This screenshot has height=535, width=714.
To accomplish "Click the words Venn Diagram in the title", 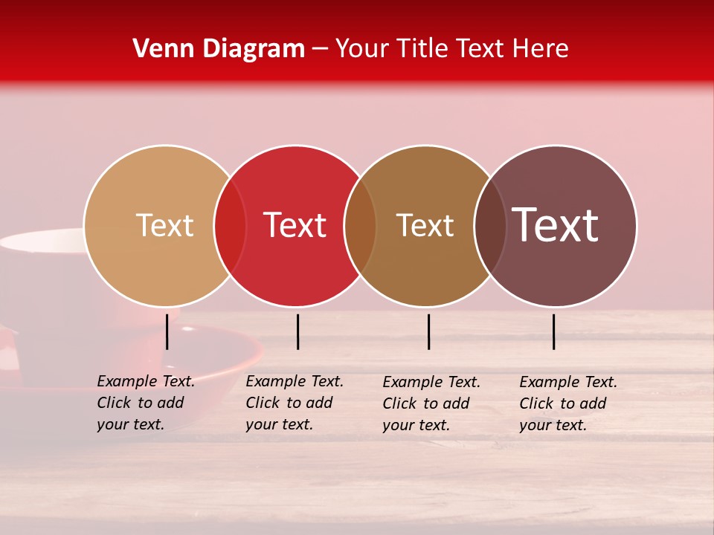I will click(x=219, y=49).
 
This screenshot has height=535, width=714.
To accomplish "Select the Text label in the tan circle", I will click(x=164, y=226).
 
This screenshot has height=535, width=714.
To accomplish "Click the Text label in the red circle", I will click(x=295, y=226).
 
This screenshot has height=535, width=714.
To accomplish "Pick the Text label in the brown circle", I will click(x=425, y=226).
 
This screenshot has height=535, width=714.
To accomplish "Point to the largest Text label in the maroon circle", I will click(x=556, y=224).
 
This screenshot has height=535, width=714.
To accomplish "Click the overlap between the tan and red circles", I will click(x=230, y=226).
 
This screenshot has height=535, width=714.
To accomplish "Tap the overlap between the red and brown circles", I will click(x=361, y=226).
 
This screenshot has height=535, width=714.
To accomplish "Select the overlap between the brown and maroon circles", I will click(x=490, y=226).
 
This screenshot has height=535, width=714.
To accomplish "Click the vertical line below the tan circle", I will click(x=167, y=331).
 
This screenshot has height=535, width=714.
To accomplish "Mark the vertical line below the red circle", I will click(x=297, y=331).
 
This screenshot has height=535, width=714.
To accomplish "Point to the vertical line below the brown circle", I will click(x=428, y=331).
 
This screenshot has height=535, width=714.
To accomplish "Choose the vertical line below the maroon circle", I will click(x=554, y=331).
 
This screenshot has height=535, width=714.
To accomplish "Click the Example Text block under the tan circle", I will click(x=146, y=403).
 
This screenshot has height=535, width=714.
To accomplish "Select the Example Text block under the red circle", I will click(x=295, y=403).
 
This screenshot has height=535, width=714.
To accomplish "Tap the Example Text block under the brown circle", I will click(x=431, y=403).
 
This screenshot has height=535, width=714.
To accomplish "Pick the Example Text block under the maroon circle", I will click(x=568, y=403).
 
